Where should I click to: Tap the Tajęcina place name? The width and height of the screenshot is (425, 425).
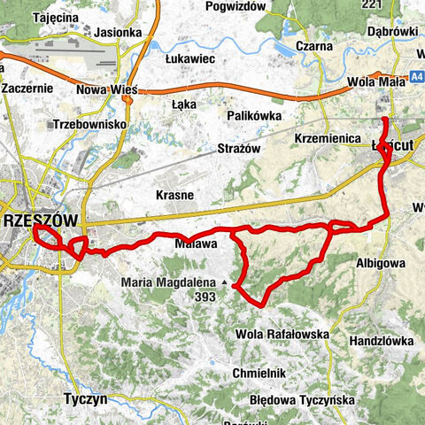pyautogui.click(x=32, y=17)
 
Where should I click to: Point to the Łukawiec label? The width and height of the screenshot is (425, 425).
pyautogui.click(x=191, y=58)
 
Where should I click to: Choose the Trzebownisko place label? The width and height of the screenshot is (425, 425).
pyautogui.click(x=90, y=125)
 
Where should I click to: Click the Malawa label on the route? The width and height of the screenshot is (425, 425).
pyautogui.click(x=196, y=243)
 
